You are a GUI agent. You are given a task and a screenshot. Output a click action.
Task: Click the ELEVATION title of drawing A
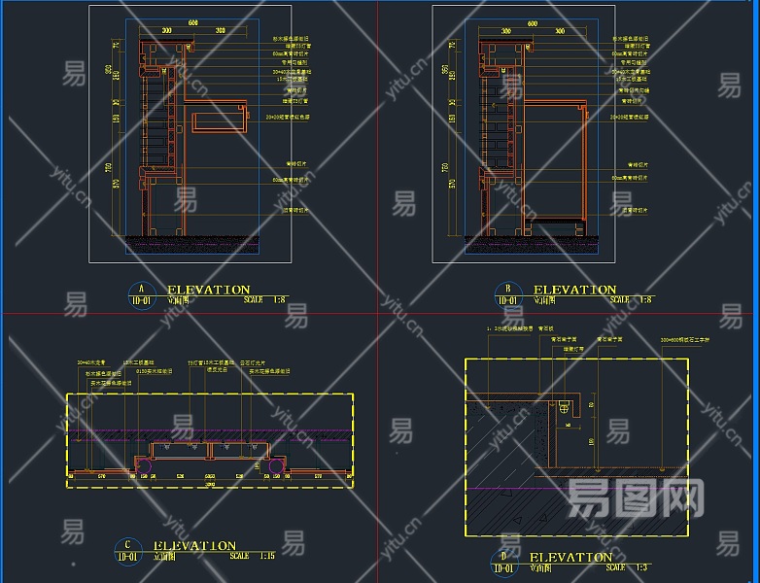[x=209, y=290]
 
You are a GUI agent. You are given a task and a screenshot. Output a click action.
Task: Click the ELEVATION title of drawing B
[x=574, y=290]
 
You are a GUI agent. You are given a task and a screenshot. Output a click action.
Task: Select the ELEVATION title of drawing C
[x=195, y=546]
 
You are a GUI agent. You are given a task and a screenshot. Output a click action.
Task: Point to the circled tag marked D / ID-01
[x=503, y=562]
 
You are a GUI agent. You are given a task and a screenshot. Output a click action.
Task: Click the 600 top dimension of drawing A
[x=192, y=21]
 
